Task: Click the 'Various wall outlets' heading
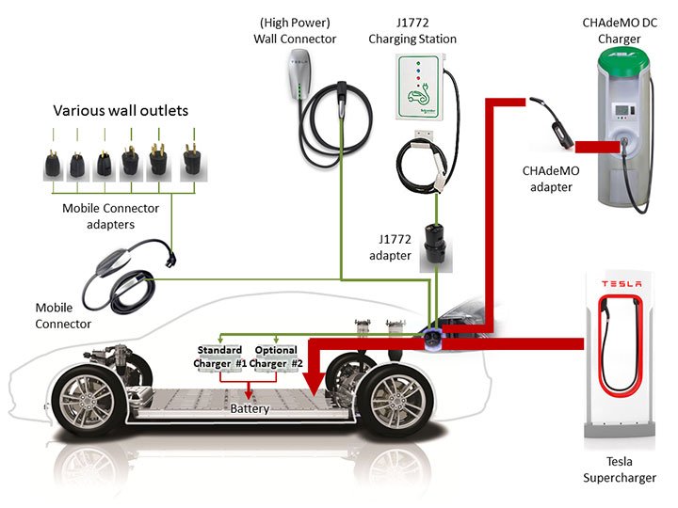121,111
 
